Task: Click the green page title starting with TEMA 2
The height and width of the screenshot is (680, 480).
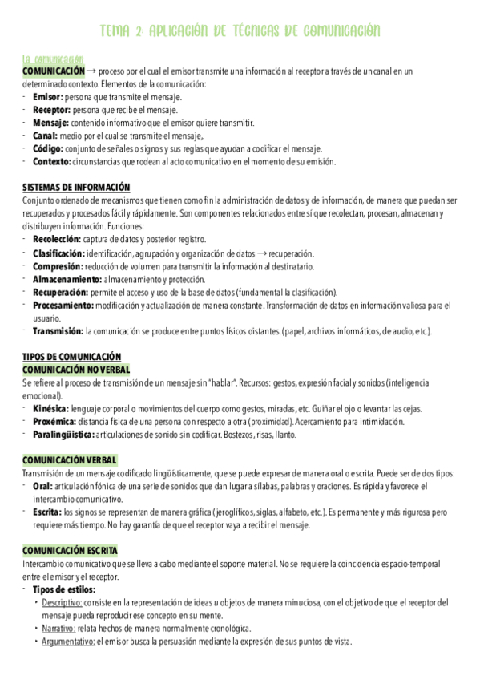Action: [240, 31]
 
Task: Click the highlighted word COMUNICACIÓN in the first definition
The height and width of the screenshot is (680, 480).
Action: [53, 71]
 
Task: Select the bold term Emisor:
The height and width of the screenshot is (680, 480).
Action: [48, 96]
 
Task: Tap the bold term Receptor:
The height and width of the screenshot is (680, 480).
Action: [52, 109]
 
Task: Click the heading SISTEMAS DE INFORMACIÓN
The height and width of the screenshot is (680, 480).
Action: [76, 187]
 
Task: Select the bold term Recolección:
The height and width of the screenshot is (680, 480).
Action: [57, 239]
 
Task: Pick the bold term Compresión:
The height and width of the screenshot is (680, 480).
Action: [58, 265]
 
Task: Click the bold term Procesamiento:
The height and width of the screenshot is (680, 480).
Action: [63, 305]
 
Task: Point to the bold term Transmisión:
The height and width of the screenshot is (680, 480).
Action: [58, 330]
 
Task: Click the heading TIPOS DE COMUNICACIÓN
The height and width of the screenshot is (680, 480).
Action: [71, 357]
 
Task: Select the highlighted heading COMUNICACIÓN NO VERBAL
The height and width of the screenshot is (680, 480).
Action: [75, 370]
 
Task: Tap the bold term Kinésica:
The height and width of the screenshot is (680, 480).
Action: [51, 409]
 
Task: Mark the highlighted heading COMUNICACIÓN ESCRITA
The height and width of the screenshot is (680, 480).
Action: [70, 551]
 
